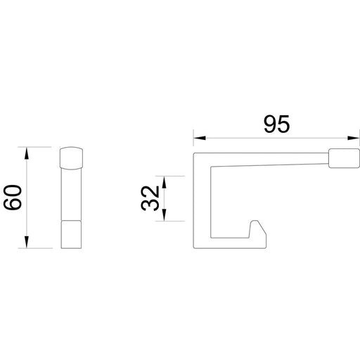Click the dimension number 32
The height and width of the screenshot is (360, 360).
point(149,198)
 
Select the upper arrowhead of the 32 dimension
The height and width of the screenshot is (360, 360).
point(165,180)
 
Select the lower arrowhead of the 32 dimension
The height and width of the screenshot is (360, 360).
point(165,217)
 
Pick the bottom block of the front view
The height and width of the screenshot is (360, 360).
point(72,235)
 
